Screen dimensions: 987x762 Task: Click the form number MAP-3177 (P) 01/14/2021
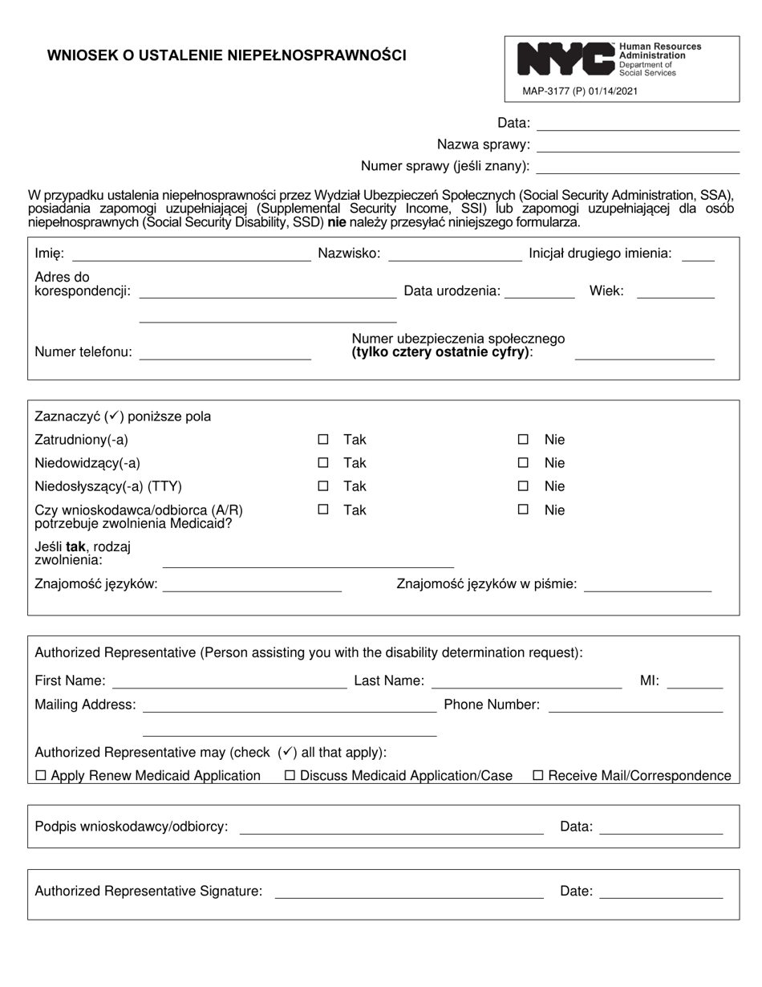[580, 91]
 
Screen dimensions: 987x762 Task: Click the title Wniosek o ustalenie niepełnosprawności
[227, 55]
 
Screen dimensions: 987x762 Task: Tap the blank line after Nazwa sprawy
[638, 146]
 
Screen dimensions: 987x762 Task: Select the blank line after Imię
[191, 255]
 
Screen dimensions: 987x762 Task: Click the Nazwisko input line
[454, 255]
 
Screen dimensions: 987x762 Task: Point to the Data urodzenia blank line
[539, 293]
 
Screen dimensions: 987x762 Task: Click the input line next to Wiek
[675, 293]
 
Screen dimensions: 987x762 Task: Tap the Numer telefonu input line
[225, 354]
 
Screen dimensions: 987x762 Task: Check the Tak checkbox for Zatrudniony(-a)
[323, 440]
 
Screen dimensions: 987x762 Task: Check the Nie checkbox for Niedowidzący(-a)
[523, 463]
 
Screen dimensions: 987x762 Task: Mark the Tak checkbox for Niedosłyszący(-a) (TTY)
[323, 486]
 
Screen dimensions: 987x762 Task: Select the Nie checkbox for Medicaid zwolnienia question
[523, 510]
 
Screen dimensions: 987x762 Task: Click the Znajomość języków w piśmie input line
[648, 586]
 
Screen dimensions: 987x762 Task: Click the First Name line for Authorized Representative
[229, 683]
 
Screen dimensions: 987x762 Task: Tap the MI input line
[695, 683]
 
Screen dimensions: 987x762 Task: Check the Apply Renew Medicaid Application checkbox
[42, 776]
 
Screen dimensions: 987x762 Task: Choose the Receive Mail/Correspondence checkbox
[538, 776]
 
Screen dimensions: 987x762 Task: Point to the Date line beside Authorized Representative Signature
[661, 892]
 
